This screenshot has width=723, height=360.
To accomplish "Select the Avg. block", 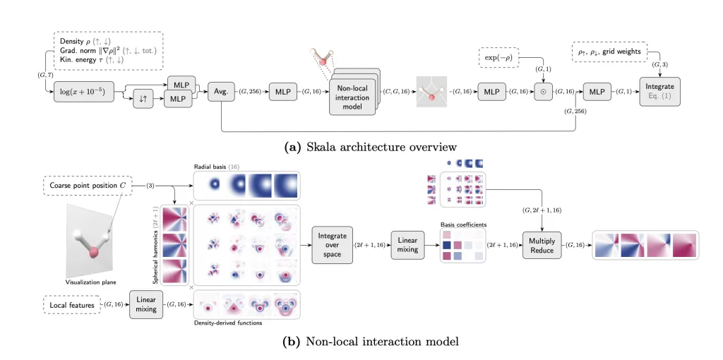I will (x=222, y=92).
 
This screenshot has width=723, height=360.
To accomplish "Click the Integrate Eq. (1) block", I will (x=661, y=92).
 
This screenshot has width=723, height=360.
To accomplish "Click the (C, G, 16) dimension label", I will (x=396, y=92).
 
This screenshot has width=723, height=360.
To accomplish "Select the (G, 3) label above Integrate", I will (x=659, y=64).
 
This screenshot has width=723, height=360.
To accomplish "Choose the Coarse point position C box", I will (x=88, y=186).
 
